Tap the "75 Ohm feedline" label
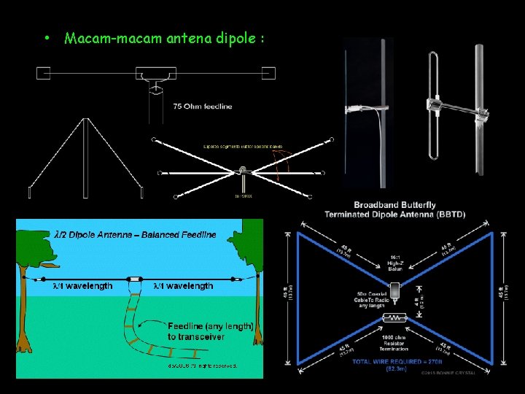coord(203,107)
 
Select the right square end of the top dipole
coord(268,72)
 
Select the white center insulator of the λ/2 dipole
coord(135,278)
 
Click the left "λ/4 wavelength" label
coord(82,286)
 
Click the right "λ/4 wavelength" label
coord(183,286)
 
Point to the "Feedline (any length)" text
coord(210,326)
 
